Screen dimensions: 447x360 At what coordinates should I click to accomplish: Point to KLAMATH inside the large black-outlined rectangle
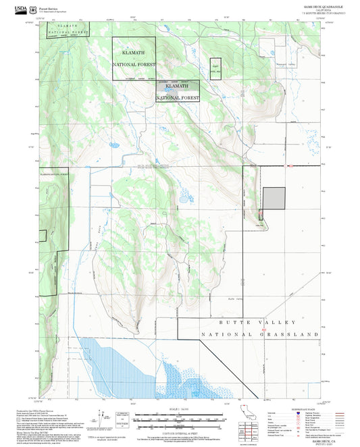(133, 52)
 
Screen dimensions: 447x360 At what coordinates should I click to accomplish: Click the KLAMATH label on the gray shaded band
(177, 86)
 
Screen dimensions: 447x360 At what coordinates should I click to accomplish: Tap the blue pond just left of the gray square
(182, 199)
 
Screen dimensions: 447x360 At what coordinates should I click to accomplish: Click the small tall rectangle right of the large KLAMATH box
(215, 68)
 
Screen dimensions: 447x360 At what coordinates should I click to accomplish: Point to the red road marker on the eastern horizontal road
(289, 165)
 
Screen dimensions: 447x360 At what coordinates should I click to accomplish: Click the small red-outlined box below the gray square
(261, 215)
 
